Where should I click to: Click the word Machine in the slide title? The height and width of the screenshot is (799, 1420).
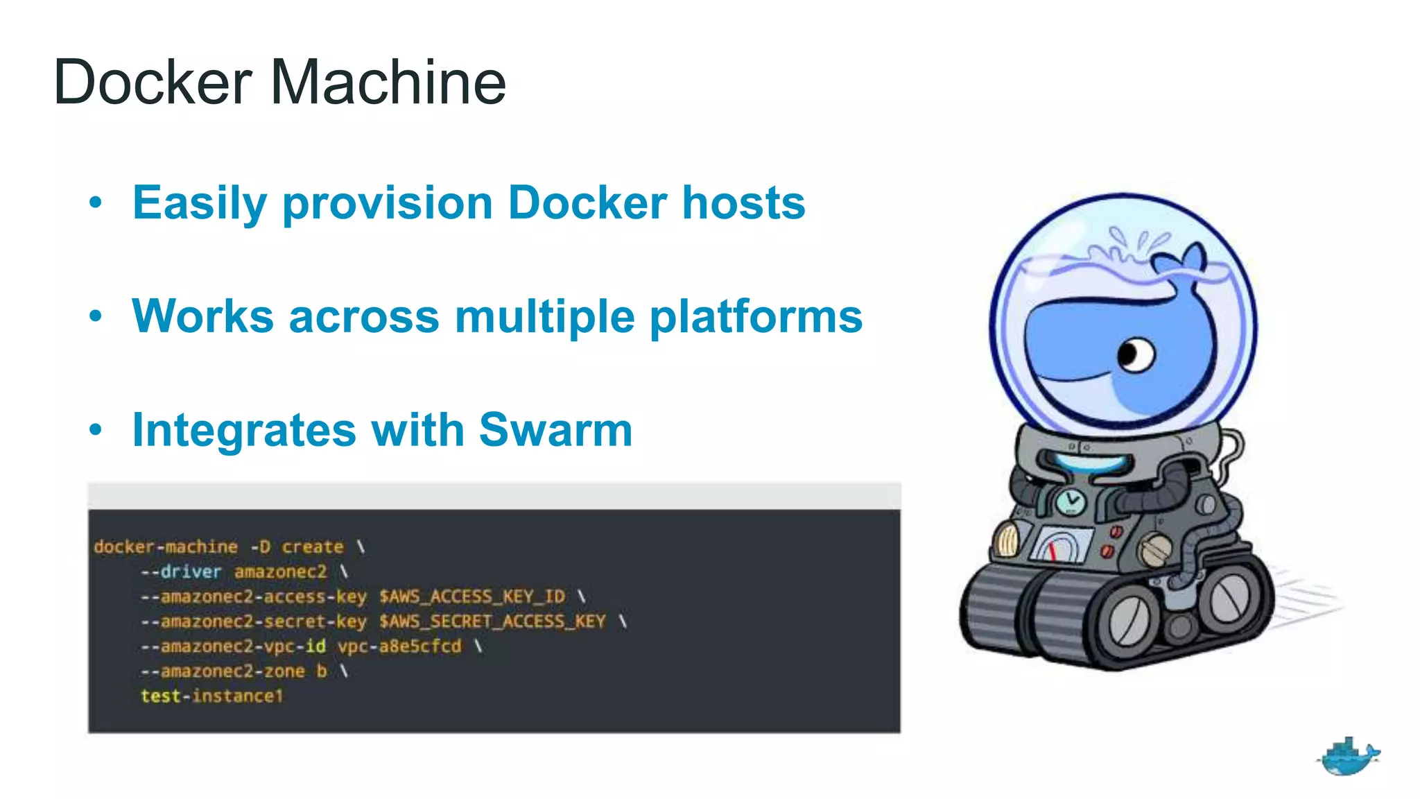pos(388,83)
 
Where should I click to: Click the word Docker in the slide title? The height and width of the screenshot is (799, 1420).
pos(153,83)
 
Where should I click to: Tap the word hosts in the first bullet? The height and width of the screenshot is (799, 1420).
pos(743,203)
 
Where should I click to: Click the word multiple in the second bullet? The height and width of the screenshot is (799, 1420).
pos(544,317)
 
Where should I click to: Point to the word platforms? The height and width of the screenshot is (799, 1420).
pos(756,317)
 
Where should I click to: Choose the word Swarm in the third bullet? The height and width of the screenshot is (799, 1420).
pos(555,430)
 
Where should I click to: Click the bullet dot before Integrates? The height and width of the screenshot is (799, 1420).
pos(96,430)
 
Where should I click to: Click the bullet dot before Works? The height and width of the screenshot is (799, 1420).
pos(96,317)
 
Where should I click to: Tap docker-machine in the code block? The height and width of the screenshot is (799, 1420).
pos(166,547)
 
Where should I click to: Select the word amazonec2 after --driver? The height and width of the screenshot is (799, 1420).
pos(280,572)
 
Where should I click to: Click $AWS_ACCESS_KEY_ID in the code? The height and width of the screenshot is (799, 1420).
pos(471,596)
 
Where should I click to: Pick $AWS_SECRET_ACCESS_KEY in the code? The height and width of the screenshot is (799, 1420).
pos(492,621)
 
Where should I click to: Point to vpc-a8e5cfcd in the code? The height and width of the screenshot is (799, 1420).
pos(399,646)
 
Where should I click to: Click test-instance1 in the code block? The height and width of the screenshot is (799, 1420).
pos(211,696)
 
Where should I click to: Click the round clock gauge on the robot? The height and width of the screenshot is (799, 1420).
pos(1071,501)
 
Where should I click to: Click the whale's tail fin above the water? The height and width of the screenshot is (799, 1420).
pos(1183,260)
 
